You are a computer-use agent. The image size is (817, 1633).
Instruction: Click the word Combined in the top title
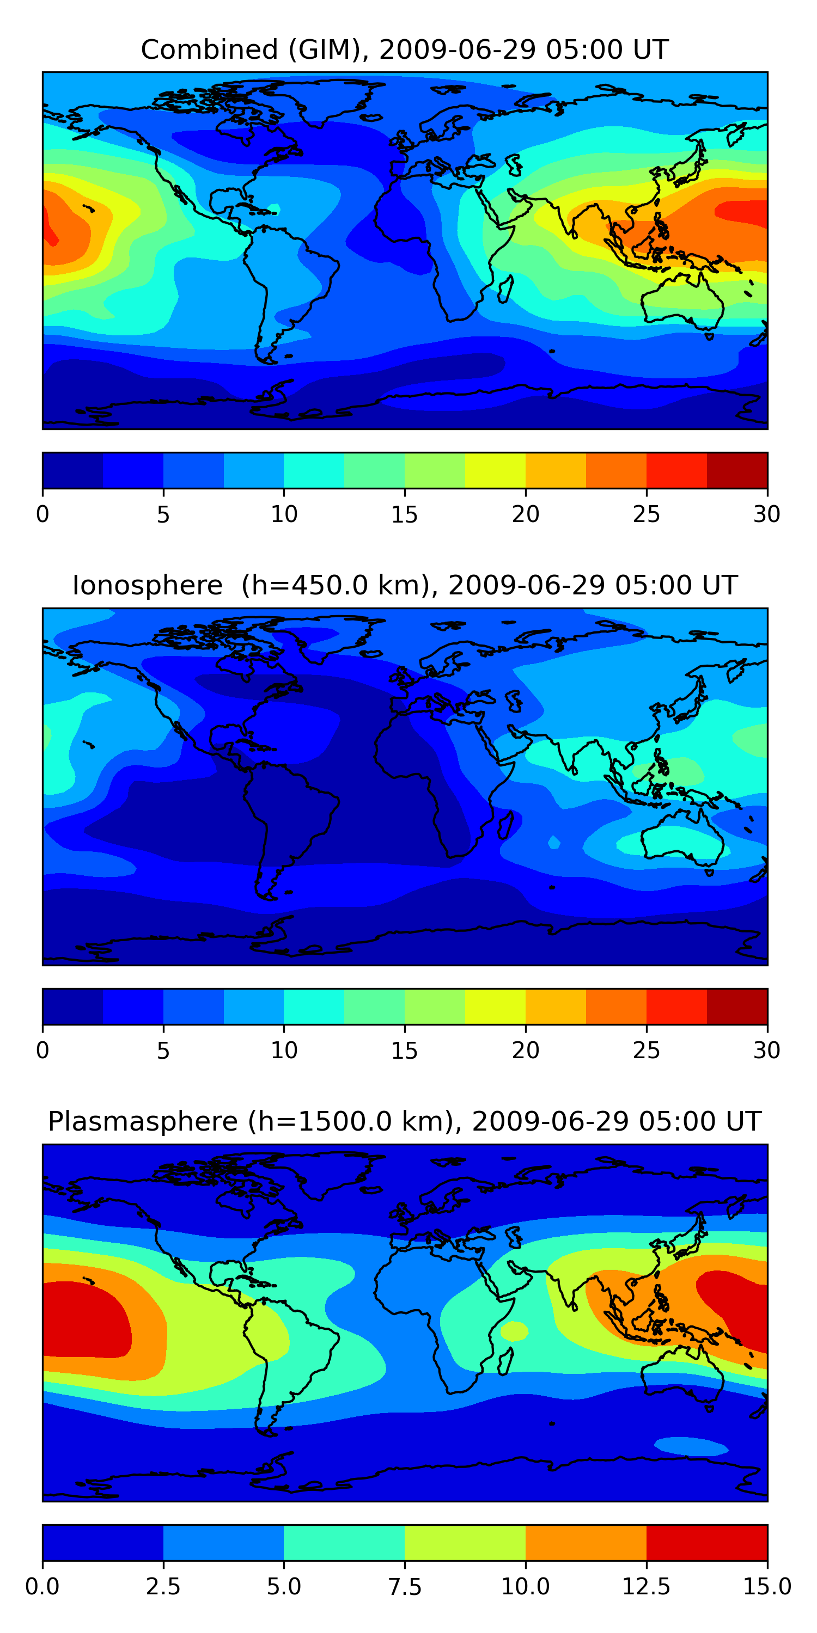209,50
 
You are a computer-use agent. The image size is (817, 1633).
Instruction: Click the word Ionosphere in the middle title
147,585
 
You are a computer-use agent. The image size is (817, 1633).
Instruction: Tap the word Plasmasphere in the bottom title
143,1121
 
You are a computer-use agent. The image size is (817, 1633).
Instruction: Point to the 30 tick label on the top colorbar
766,514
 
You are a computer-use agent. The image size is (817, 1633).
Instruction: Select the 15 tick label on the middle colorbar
404,1051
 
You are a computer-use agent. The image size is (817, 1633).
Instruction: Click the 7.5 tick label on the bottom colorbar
404,1587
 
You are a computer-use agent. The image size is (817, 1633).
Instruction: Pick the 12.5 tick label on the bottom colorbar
646,1587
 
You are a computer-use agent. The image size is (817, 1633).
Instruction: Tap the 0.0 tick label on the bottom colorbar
42,1587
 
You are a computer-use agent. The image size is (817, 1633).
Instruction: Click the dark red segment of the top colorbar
737,470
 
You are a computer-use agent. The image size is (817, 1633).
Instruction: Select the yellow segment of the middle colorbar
495,1006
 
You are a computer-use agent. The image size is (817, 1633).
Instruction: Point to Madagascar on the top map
505,288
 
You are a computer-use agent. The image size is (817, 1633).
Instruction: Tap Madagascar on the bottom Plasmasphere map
505,1360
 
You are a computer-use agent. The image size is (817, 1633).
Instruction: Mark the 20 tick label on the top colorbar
525,514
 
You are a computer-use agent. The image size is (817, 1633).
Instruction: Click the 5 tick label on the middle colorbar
163,1051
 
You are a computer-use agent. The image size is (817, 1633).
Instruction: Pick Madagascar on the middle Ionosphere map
505,825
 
